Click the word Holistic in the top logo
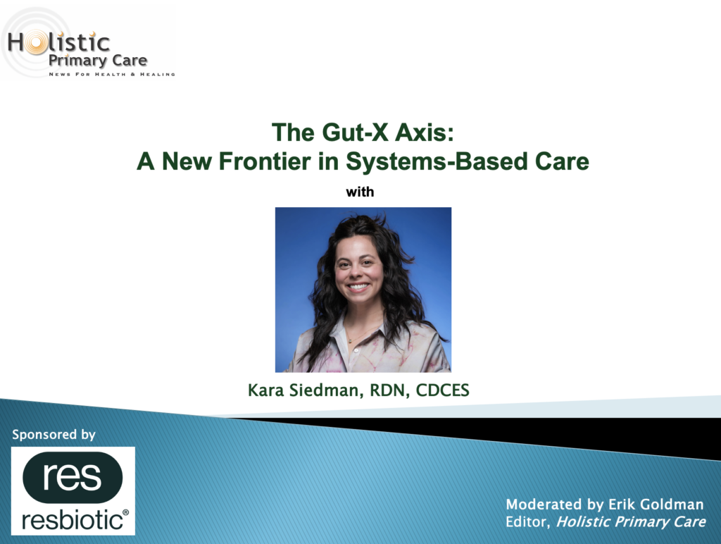click(x=59, y=43)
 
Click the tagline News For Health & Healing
click(x=112, y=74)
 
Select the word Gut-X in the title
click(x=355, y=132)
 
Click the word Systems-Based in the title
click(x=437, y=162)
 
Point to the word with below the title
click(x=360, y=192)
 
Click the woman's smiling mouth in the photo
click(x=358, y=287)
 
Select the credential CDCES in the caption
click(x=442, y=390)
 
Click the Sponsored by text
click(x=54, y=435)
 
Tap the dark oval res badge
click(x=73, y=477)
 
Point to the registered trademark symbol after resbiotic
click(x=125, y=512)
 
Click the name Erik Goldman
click(x=656, y=505)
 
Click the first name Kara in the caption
click(x=265, y=390)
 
